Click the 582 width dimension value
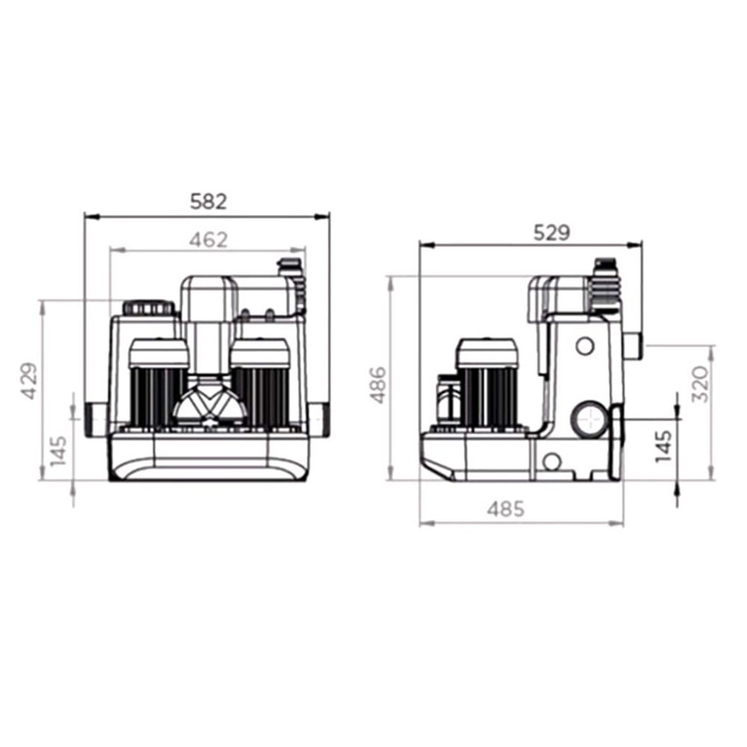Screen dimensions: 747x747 208,201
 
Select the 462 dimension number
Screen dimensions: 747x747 208,240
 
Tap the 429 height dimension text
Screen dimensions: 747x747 29,381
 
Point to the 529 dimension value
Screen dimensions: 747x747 551,233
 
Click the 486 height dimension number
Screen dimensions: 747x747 378,385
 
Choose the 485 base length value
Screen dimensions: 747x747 505,509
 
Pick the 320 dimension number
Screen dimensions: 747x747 700,383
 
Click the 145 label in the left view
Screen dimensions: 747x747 58,451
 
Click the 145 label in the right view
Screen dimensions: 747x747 663,446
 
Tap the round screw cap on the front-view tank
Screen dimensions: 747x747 149,308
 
